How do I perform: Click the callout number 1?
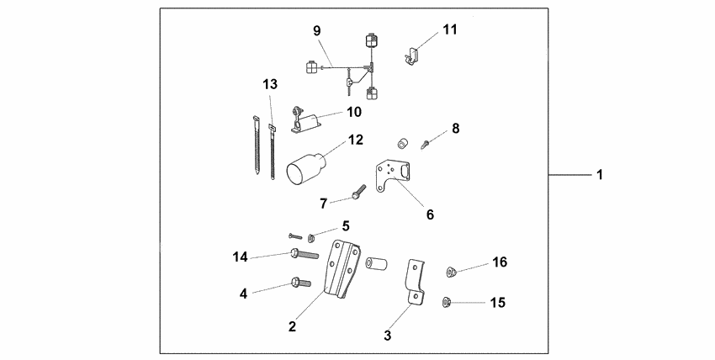click(599, 176)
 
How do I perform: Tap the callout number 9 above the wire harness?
click(316, 31)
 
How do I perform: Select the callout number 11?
click(450, 30)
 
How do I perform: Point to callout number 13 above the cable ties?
click(269, 84)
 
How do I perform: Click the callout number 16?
click(500, 263)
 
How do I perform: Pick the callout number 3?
click(387, 336)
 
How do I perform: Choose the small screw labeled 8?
click(428, 142)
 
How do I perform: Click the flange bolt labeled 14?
click(304, 252)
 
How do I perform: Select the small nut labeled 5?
click(311, 236)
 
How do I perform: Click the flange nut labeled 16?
click(451, 271)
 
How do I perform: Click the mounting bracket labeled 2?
click(342, 269)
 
